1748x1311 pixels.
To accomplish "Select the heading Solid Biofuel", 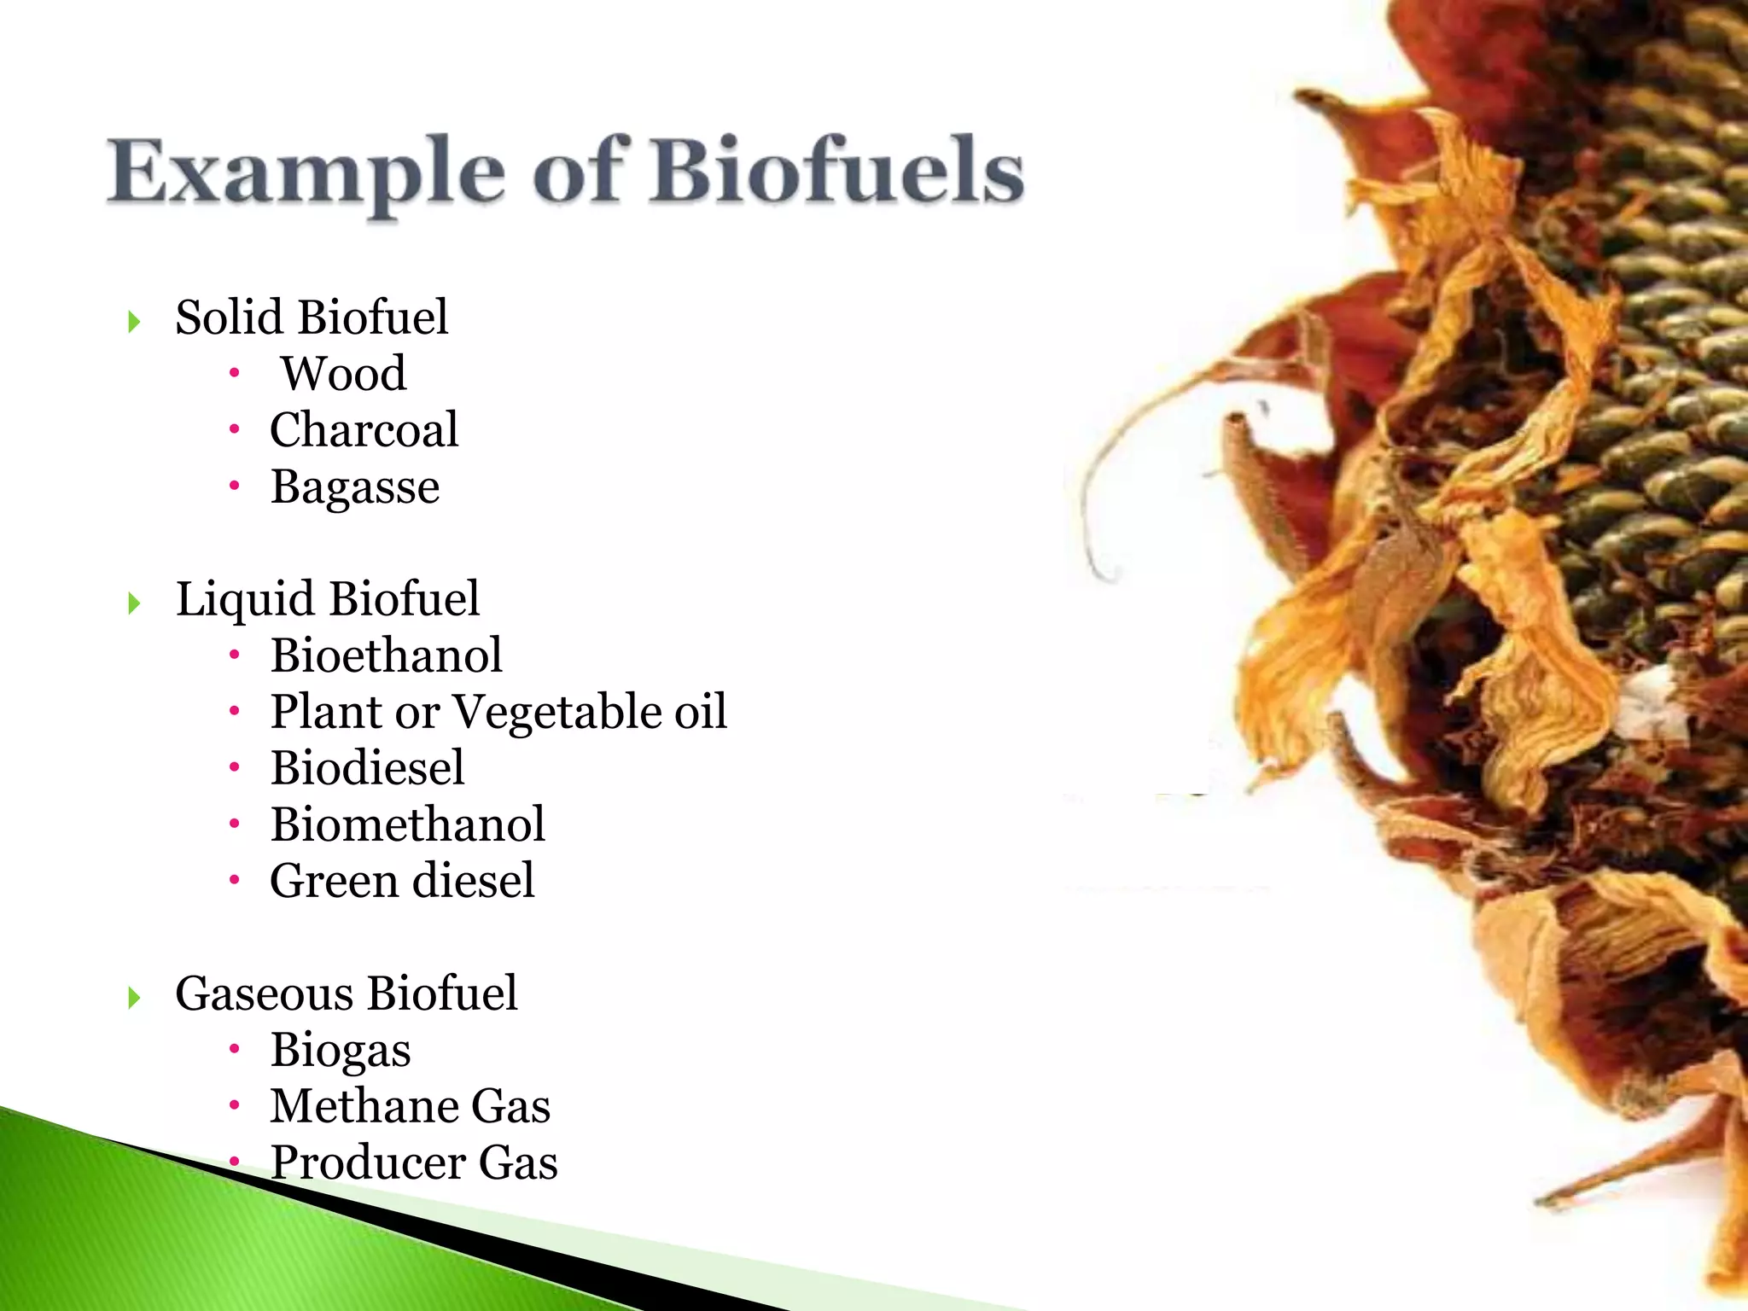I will click(x=312, y=318).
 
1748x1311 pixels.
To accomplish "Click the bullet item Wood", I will click(x=344, y=374).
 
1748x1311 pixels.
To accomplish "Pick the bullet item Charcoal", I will click(x=364, y=430).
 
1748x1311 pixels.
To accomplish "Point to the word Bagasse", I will click(x=355, y=488).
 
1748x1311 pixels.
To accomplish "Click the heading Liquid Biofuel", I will click(x=328, y=599).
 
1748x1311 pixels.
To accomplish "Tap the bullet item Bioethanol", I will click(x=387, y=655).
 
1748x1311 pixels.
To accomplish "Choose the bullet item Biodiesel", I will click(x=368, y=768).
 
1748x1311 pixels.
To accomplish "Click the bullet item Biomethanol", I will click(x=408, y=824).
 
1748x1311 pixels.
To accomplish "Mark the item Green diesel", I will click(x=402, y=881).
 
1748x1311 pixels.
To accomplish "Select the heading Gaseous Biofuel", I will click(x=347, y=993).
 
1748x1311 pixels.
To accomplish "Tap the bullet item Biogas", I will click(x=341, y=1051).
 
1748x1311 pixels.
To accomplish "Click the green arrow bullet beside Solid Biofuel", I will click(x=134, y=322).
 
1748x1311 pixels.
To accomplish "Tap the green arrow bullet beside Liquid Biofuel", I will click(x=134, y=603).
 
